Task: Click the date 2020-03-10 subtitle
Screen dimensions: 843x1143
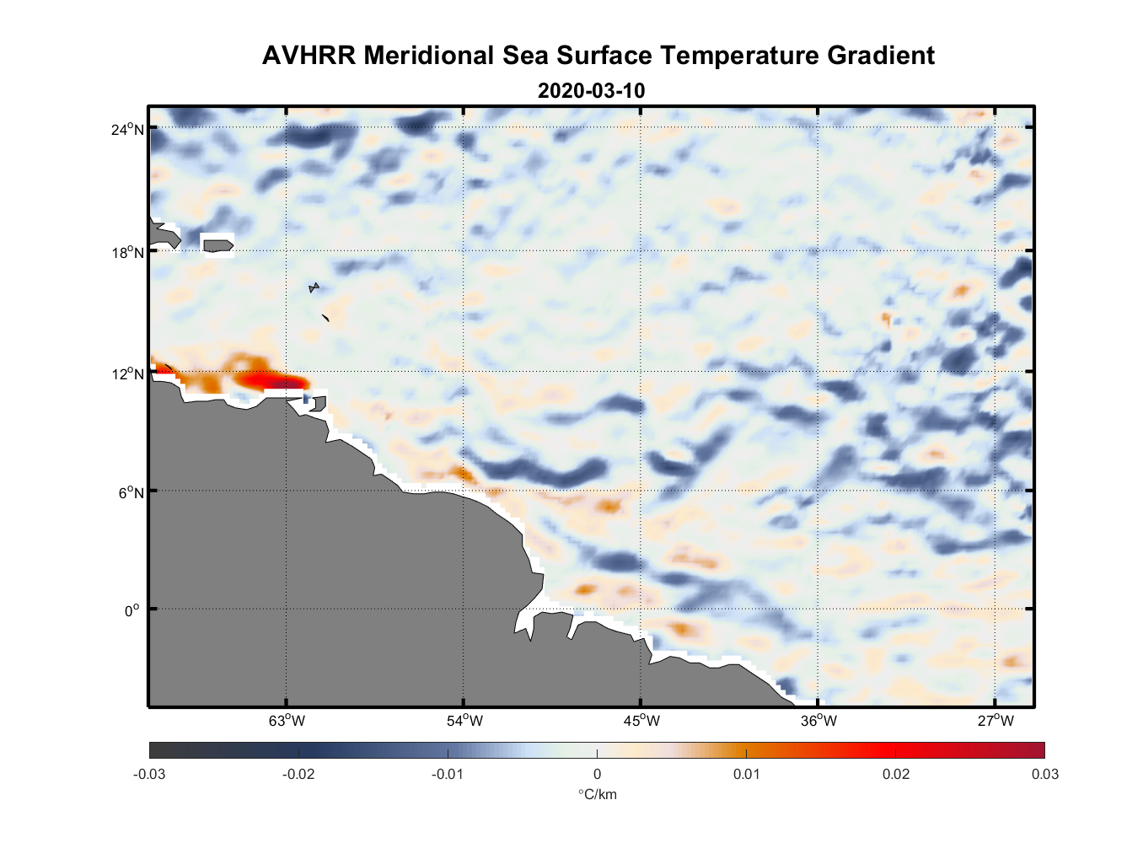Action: coord(591,90)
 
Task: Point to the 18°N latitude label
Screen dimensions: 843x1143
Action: coord(127,252)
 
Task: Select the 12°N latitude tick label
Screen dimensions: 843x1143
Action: coord(127,373)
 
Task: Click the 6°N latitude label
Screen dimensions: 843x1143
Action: coord(131,492)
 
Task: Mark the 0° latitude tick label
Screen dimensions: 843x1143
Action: coord(131,611)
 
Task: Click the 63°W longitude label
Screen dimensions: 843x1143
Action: coord(287,721)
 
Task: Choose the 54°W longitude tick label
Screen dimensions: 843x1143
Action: coord(464,721)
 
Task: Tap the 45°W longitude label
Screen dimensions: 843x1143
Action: coord(641,721)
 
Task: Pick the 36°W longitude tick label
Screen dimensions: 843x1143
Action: coord(818,721)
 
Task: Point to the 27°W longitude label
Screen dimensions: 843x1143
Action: coord(995,721)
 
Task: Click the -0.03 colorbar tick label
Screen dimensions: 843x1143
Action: coord(149,774)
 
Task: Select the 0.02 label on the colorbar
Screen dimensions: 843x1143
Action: coord(895,774)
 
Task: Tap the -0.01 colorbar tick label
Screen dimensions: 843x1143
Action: coord(447,774)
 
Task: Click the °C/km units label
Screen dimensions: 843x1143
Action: coord(597,794)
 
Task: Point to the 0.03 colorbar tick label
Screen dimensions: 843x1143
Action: coord(1044,774)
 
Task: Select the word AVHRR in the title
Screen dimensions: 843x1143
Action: coord(309,56)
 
